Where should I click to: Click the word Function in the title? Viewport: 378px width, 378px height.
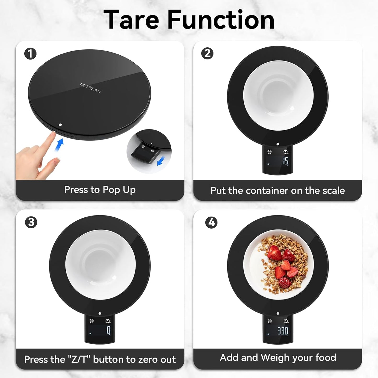(x=221, y=20)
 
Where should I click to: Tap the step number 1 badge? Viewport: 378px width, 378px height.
(x=30, y=54)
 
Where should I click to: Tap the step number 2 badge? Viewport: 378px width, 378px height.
(x=207, y=53)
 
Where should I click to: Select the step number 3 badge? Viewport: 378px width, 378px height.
(x=31, y=222)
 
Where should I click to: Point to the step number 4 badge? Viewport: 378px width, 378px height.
(x=211, y=223)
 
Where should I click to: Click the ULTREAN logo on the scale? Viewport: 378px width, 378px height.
(x=91, y=88)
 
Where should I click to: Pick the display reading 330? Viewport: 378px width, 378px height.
(x=283, y=331)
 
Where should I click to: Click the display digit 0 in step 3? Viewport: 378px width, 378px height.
(x=109, y=330)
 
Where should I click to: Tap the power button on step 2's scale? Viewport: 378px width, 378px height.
(x=285, y=152)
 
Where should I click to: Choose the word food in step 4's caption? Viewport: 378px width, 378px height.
(x=326, y=358)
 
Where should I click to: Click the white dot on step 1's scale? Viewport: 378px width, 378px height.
(x=60, y=125)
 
